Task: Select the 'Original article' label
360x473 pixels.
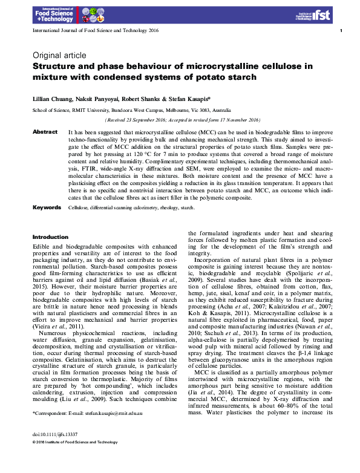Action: point(59,55)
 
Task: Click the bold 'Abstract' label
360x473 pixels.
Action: point(45,131)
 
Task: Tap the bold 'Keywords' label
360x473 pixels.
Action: point(47,207)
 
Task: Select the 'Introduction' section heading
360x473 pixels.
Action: point(50,237)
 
